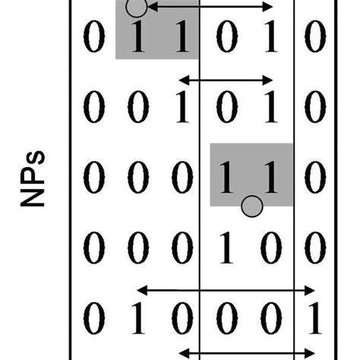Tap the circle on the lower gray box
tap(252, 205)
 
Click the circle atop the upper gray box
tap(135, 8)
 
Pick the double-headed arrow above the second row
tap(226, 79)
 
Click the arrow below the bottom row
tap(251, 352)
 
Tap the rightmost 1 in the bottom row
tap(314, 320)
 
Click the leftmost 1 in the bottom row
tap(137, 320)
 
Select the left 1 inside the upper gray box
tap(137, 39)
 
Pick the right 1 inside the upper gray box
tap(181, 39)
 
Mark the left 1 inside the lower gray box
tap(226, 180)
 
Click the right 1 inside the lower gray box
tap(270, 180)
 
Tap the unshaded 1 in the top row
tap(270, 39)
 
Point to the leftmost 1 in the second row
tap(181, 109)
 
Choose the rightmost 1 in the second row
tap(270, 109)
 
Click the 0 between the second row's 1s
tap(226, 109)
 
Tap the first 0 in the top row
tap(92, 39)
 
